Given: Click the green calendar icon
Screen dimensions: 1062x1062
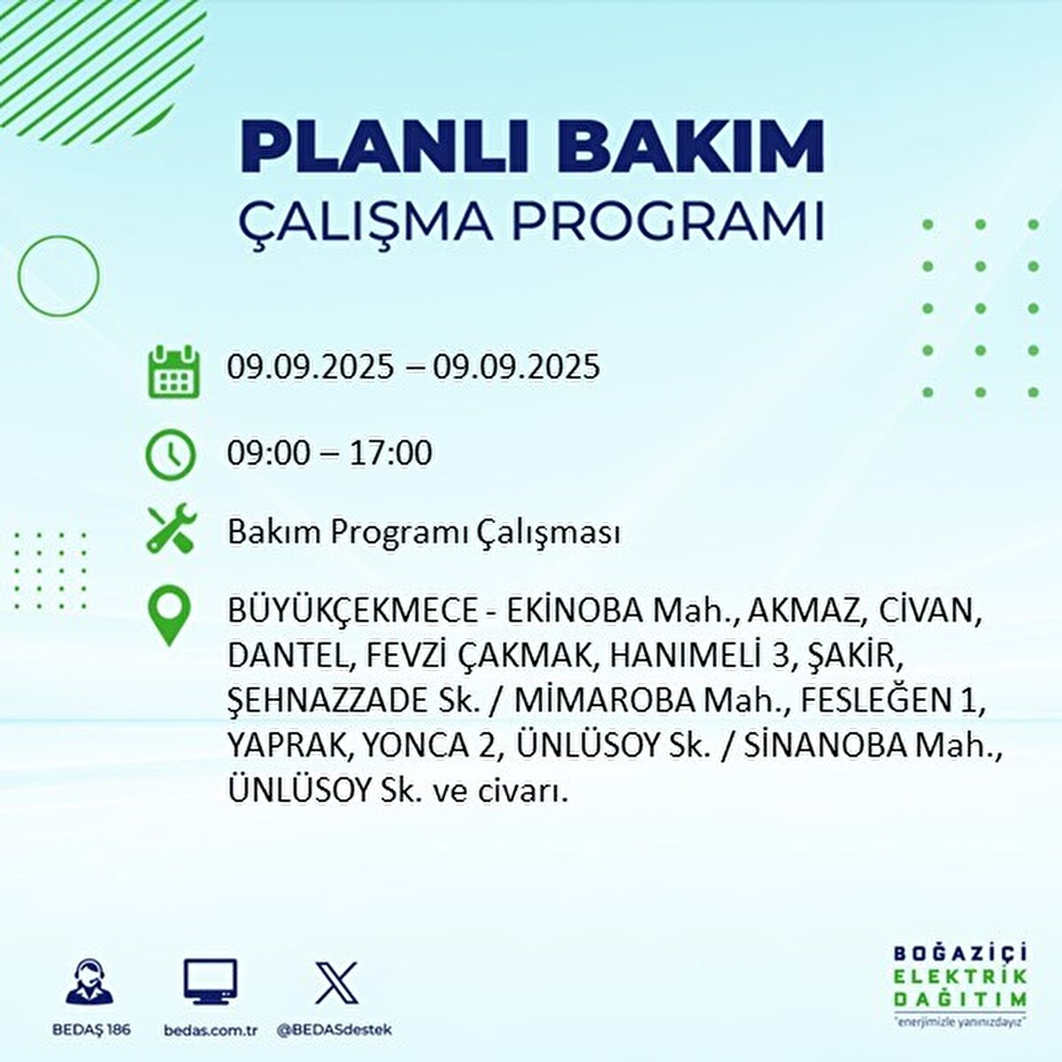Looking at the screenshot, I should pyautogui.click(x=172, y=371).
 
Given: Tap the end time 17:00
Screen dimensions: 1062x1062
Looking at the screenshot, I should pyautogui.click(x=390, y=453).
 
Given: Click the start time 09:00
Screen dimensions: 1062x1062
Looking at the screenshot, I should pyautogui.click(x=269, y=453).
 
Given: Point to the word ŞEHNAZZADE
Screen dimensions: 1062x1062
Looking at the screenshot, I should pyautogui.click(x=327, y=700).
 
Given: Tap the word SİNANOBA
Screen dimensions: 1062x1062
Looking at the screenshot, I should pyautogui.click(x=827, y=745).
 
